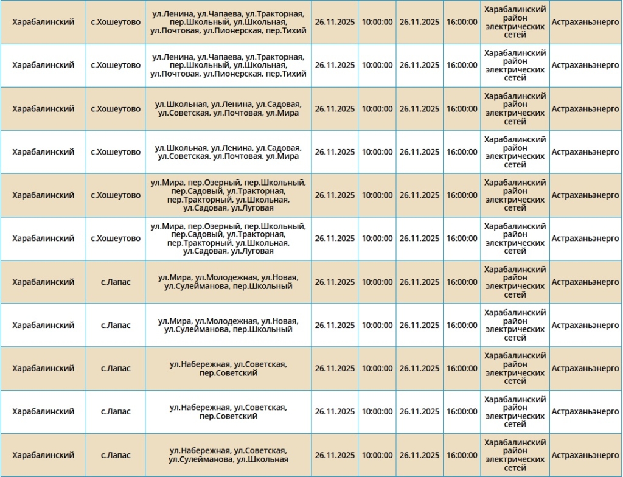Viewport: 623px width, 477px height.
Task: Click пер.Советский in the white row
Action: (x=228, y=416)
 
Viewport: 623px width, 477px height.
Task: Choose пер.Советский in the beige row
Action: (x=228, y=373)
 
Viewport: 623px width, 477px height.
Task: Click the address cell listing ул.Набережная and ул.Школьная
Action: (x=228, y=455)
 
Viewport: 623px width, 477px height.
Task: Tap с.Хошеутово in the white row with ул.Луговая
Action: (x=116, y=238)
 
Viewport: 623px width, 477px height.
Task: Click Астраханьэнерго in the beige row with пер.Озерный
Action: (x=585, y=195)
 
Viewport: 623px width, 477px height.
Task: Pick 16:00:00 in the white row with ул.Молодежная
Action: (x=462, y=326)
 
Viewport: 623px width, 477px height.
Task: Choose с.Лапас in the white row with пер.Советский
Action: (x=116, y=412)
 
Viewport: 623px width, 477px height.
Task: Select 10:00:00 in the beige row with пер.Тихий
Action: (x=377, y=22)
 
